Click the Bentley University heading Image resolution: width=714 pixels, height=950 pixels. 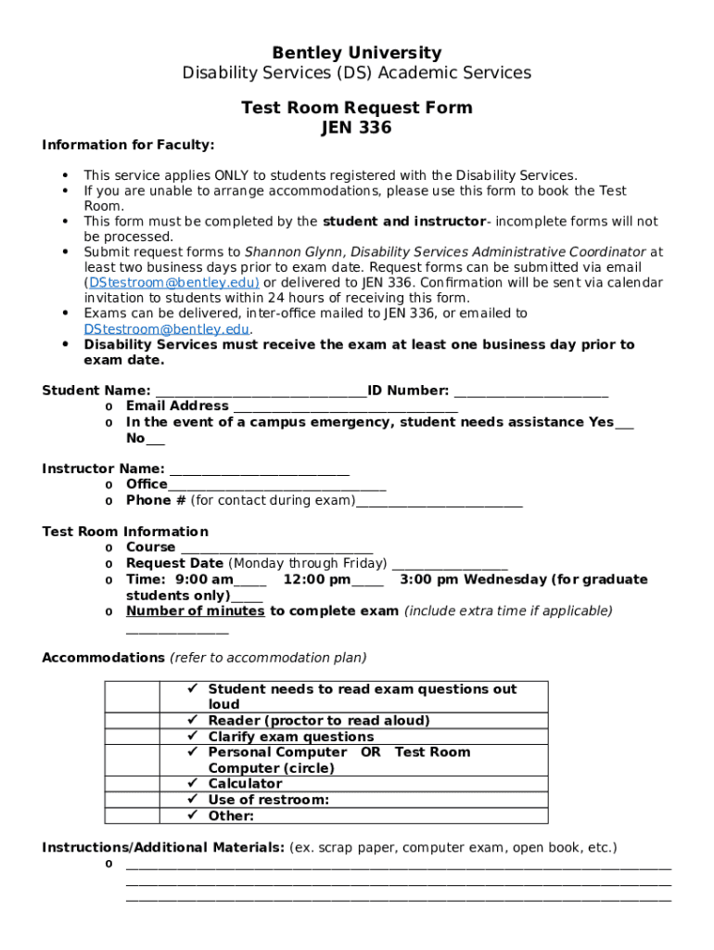[356, 53]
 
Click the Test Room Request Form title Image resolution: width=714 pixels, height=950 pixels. [356, 108]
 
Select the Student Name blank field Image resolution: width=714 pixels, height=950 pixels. [261, 392]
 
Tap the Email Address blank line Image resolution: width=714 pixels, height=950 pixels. [344, 406]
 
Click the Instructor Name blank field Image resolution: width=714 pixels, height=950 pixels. [259, 469]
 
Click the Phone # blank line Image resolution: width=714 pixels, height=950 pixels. [440, 501]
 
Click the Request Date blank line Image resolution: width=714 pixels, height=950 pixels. [450, 564]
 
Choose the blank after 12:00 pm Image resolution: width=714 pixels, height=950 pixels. [367, 581]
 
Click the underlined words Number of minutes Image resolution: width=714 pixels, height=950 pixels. [196, 611]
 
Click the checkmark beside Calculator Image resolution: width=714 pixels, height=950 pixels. [194, 784]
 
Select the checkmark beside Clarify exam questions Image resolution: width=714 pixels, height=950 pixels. [194, 737]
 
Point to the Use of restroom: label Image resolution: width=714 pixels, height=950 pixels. [268, 800]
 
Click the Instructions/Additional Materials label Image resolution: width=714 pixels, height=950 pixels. [163, 848]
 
